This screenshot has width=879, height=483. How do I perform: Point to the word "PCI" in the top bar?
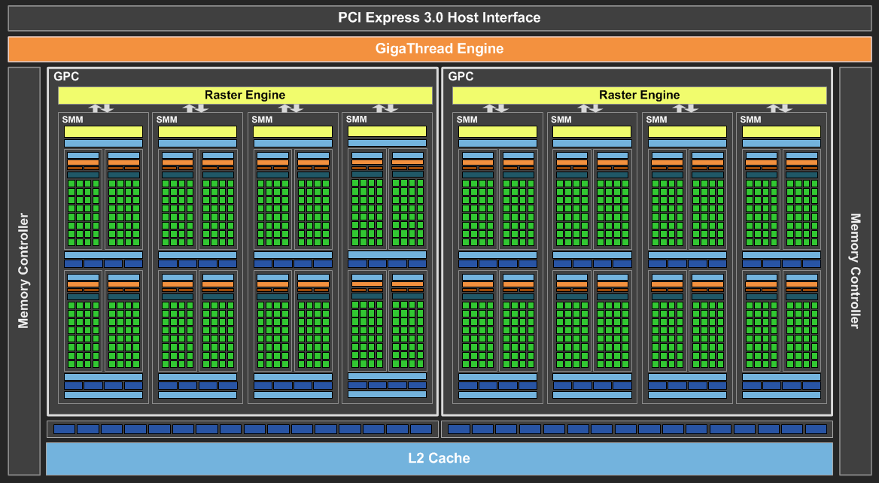(x=350, y=17)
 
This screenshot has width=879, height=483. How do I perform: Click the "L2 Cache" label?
(x=439, y=458)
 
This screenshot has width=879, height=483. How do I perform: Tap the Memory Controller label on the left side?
(x=23, y=271)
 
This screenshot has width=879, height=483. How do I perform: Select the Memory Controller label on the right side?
(x=855, y=271)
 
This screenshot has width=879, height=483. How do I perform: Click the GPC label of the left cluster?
(x=66, y=76)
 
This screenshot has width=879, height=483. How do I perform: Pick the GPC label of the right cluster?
(x=461, y=76)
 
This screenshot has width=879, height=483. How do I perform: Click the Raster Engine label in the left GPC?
(x=245, y=95)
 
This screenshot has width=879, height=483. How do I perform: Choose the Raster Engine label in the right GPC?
(x=640, y=95)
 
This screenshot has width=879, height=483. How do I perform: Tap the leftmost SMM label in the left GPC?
(x=72, y=120)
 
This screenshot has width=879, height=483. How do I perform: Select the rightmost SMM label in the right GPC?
(x=750, y=120)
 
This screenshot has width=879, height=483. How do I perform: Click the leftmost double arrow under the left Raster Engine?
(x=102, y=108)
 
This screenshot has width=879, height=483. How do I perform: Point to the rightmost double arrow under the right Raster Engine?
(x=779, y=108)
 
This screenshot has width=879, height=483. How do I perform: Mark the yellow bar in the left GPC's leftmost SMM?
(x=103, y=132)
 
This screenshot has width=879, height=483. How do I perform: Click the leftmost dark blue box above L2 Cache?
(x=64, y=430)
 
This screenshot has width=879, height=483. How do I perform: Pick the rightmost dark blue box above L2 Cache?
(x=817, y=430)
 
